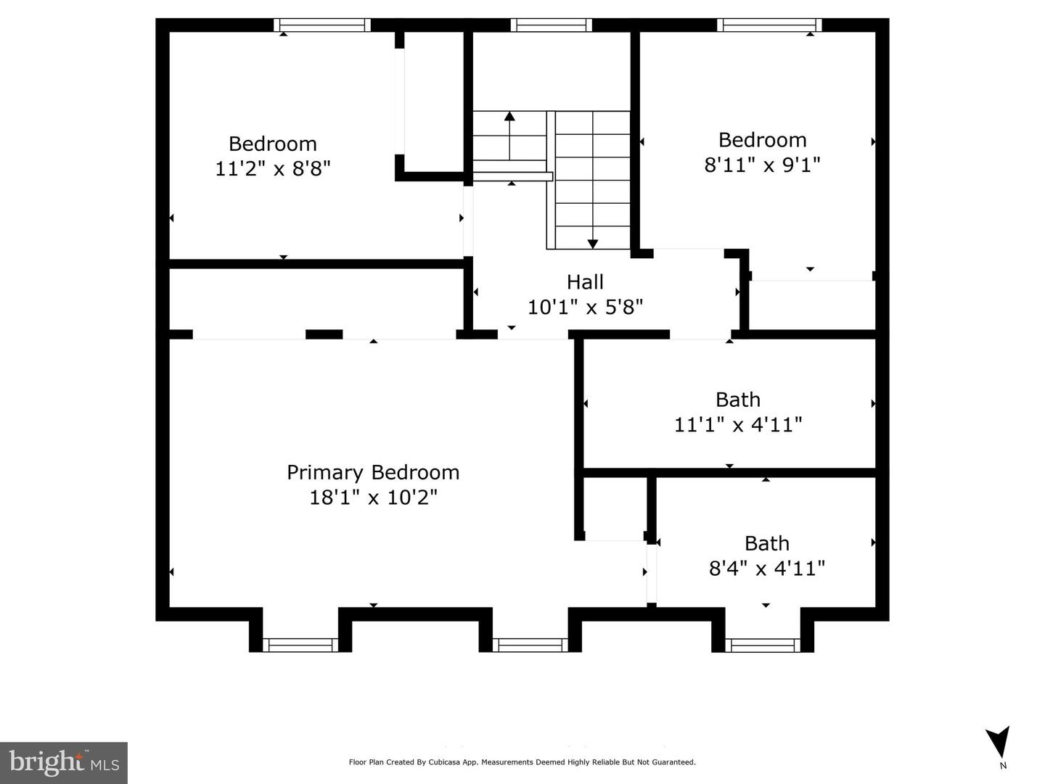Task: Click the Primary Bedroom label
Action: [x=373, y=473]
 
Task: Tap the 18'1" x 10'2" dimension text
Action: [x=373, y=498]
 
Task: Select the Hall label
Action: [x=585, y=282]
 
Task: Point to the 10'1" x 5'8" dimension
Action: [x=585, y=308]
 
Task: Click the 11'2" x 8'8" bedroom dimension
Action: [x=273, y=168]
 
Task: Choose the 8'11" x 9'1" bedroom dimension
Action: [x=762, y=165]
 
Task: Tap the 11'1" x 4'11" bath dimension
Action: [x=738, y=424]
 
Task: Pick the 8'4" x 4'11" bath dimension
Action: [x=766, y=569]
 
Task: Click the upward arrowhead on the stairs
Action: [x=510, y=115]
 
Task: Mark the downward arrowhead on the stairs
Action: [x=593, y=244]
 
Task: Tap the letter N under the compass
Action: [x=1003, y=766]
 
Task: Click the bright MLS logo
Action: [x=64, y=763]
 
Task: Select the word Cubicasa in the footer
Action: [x=444, y=762]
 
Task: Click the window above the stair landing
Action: [x=552, y=25]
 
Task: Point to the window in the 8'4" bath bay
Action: [x=763, y=645]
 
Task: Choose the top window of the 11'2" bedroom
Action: [x=322, y=25]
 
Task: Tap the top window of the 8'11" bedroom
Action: [x=769, y=25]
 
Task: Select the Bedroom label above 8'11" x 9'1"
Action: [x=762, y=141]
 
